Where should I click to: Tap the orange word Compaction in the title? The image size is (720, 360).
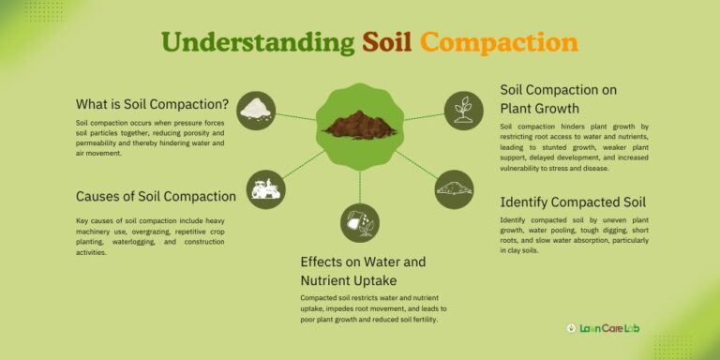click(499, 42)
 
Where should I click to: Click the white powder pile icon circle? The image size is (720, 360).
click(256, 111)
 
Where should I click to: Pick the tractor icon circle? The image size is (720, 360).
click(266, 188)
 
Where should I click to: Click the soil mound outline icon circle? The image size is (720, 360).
click(455, 188)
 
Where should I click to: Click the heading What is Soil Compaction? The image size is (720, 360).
click(152, 104)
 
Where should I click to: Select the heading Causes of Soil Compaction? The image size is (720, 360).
click(156, 196)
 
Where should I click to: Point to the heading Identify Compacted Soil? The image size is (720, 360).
click(573, 202)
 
